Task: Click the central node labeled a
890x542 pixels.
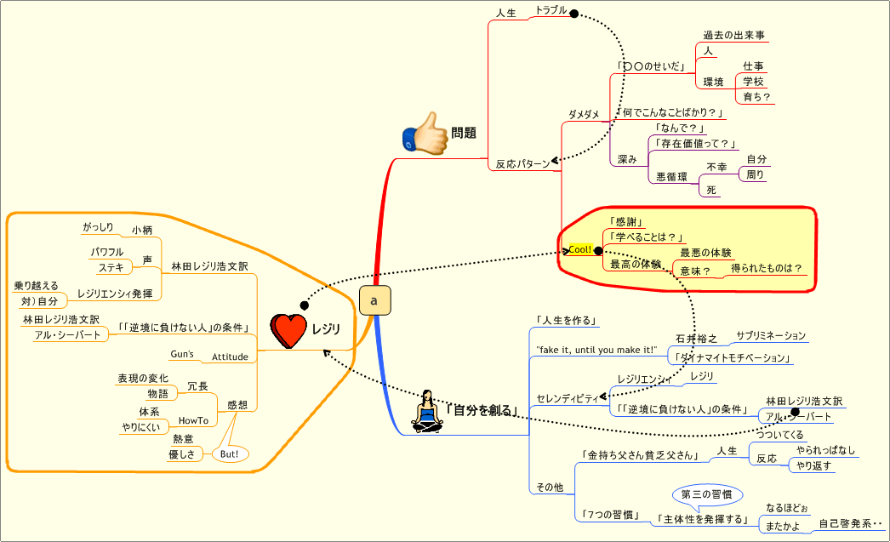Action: [x=374, y=301]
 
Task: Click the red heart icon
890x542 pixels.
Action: [x=288, y=330]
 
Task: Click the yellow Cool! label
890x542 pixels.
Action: [x=579, y=249]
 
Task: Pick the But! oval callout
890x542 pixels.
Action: [x=230, y=454]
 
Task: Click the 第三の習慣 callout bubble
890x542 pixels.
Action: [x=707, y=494]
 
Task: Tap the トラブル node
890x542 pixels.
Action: [x=550, y=11]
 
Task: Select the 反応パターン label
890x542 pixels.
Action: [x=522, y=164]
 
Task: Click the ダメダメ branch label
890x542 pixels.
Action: [x=584, y=114]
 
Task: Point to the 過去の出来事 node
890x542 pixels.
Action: [x=733, y=36]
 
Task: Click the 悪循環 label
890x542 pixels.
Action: [x=671, y=177]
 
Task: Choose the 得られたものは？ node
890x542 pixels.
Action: [x=767, y=269]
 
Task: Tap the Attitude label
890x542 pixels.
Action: [x=230, y=357]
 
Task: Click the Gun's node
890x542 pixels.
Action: [x=182, y=354]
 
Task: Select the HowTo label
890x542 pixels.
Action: [x=193, y=420]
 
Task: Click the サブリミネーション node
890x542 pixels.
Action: [x=770, y=336]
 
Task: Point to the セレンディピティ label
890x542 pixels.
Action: [x=567, y=398]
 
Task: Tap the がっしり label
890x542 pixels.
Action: [x=98, y=227]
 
